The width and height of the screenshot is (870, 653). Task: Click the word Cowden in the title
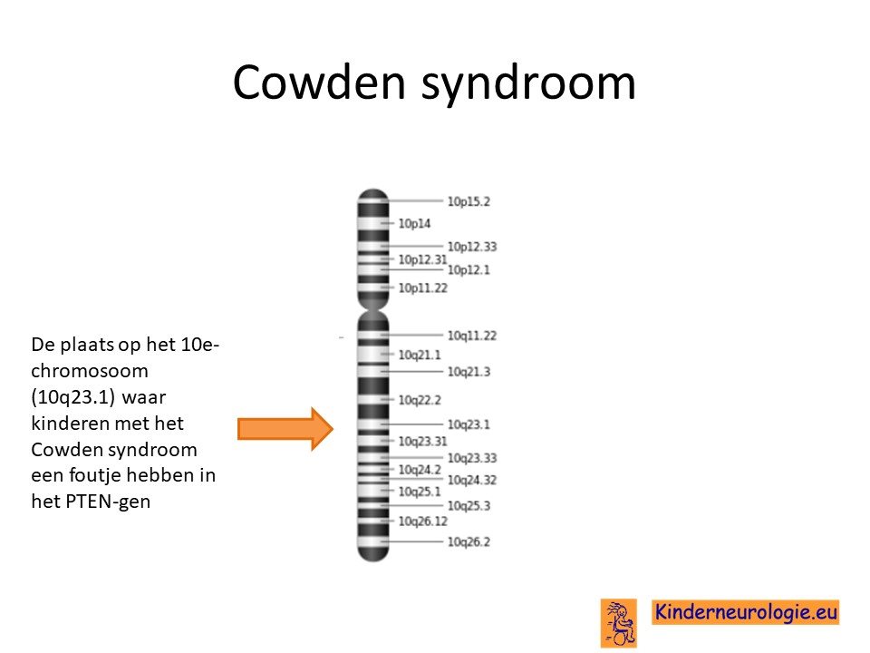319,82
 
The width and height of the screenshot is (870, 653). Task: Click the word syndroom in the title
528,84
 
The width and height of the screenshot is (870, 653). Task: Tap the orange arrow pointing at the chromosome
285,429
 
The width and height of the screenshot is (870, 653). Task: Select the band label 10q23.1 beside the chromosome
469,424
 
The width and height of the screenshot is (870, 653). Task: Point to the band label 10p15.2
469,201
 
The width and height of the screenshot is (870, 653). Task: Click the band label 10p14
414,223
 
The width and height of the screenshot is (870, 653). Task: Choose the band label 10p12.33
472,247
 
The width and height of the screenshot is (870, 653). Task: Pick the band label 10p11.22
423,288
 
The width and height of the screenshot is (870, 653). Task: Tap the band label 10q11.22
472,336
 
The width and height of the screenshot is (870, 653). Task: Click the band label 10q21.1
420,355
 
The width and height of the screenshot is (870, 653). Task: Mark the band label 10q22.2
420,400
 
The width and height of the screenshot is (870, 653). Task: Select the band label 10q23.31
423,442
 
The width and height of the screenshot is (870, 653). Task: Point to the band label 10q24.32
472,481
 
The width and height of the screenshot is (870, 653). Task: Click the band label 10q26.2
469,542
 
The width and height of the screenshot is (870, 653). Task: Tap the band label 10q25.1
420,492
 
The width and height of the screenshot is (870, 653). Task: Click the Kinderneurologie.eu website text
746,612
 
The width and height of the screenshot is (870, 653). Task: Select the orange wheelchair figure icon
619,623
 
